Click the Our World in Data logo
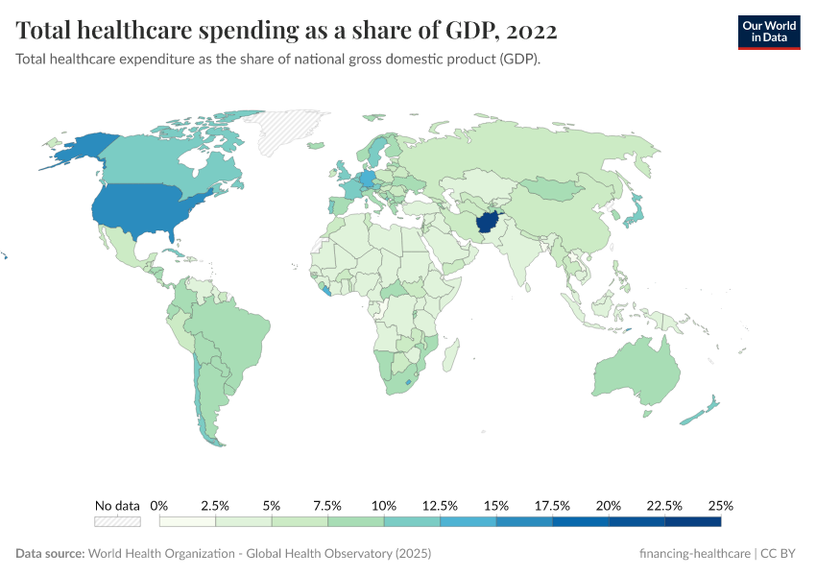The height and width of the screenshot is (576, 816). pos(768,32)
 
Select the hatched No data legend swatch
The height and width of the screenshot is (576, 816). pos(117,521)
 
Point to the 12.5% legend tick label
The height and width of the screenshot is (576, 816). pos(440,505)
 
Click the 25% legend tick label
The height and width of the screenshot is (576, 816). pos(720,505)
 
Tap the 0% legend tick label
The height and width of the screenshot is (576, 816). pos(160,505)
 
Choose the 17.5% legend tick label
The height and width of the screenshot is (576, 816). pos(552,505)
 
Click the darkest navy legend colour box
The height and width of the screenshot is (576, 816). pos(692,521)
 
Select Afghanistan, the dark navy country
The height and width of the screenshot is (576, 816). pos(488,224)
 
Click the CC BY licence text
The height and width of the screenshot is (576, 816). pos(781,554)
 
